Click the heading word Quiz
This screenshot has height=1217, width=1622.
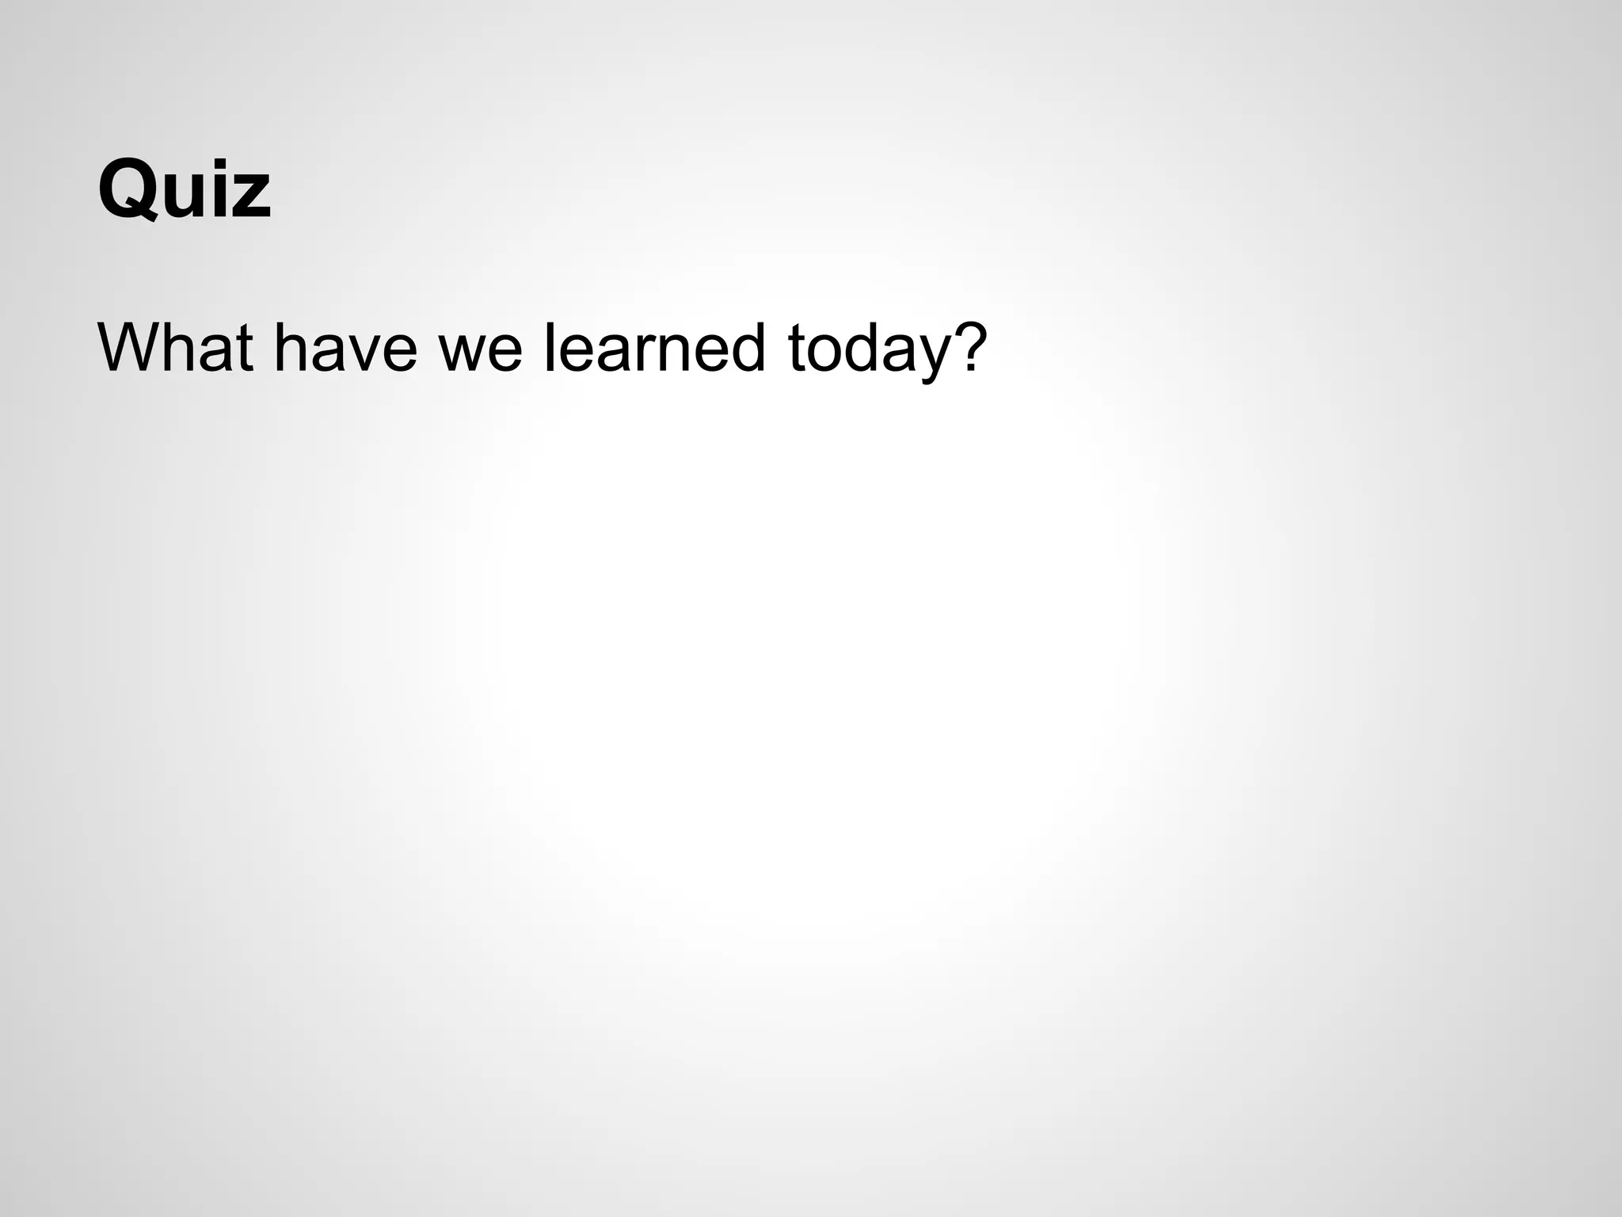(185, 191)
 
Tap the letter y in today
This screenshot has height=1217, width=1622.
(928, 358)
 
